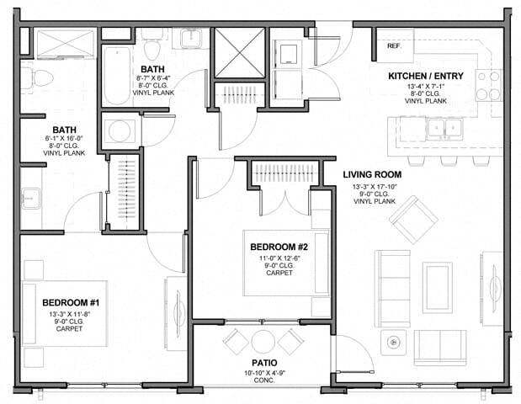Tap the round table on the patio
[264, 341]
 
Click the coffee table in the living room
[438, 276]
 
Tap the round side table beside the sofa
[392, 341]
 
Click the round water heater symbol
[120, 131]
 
